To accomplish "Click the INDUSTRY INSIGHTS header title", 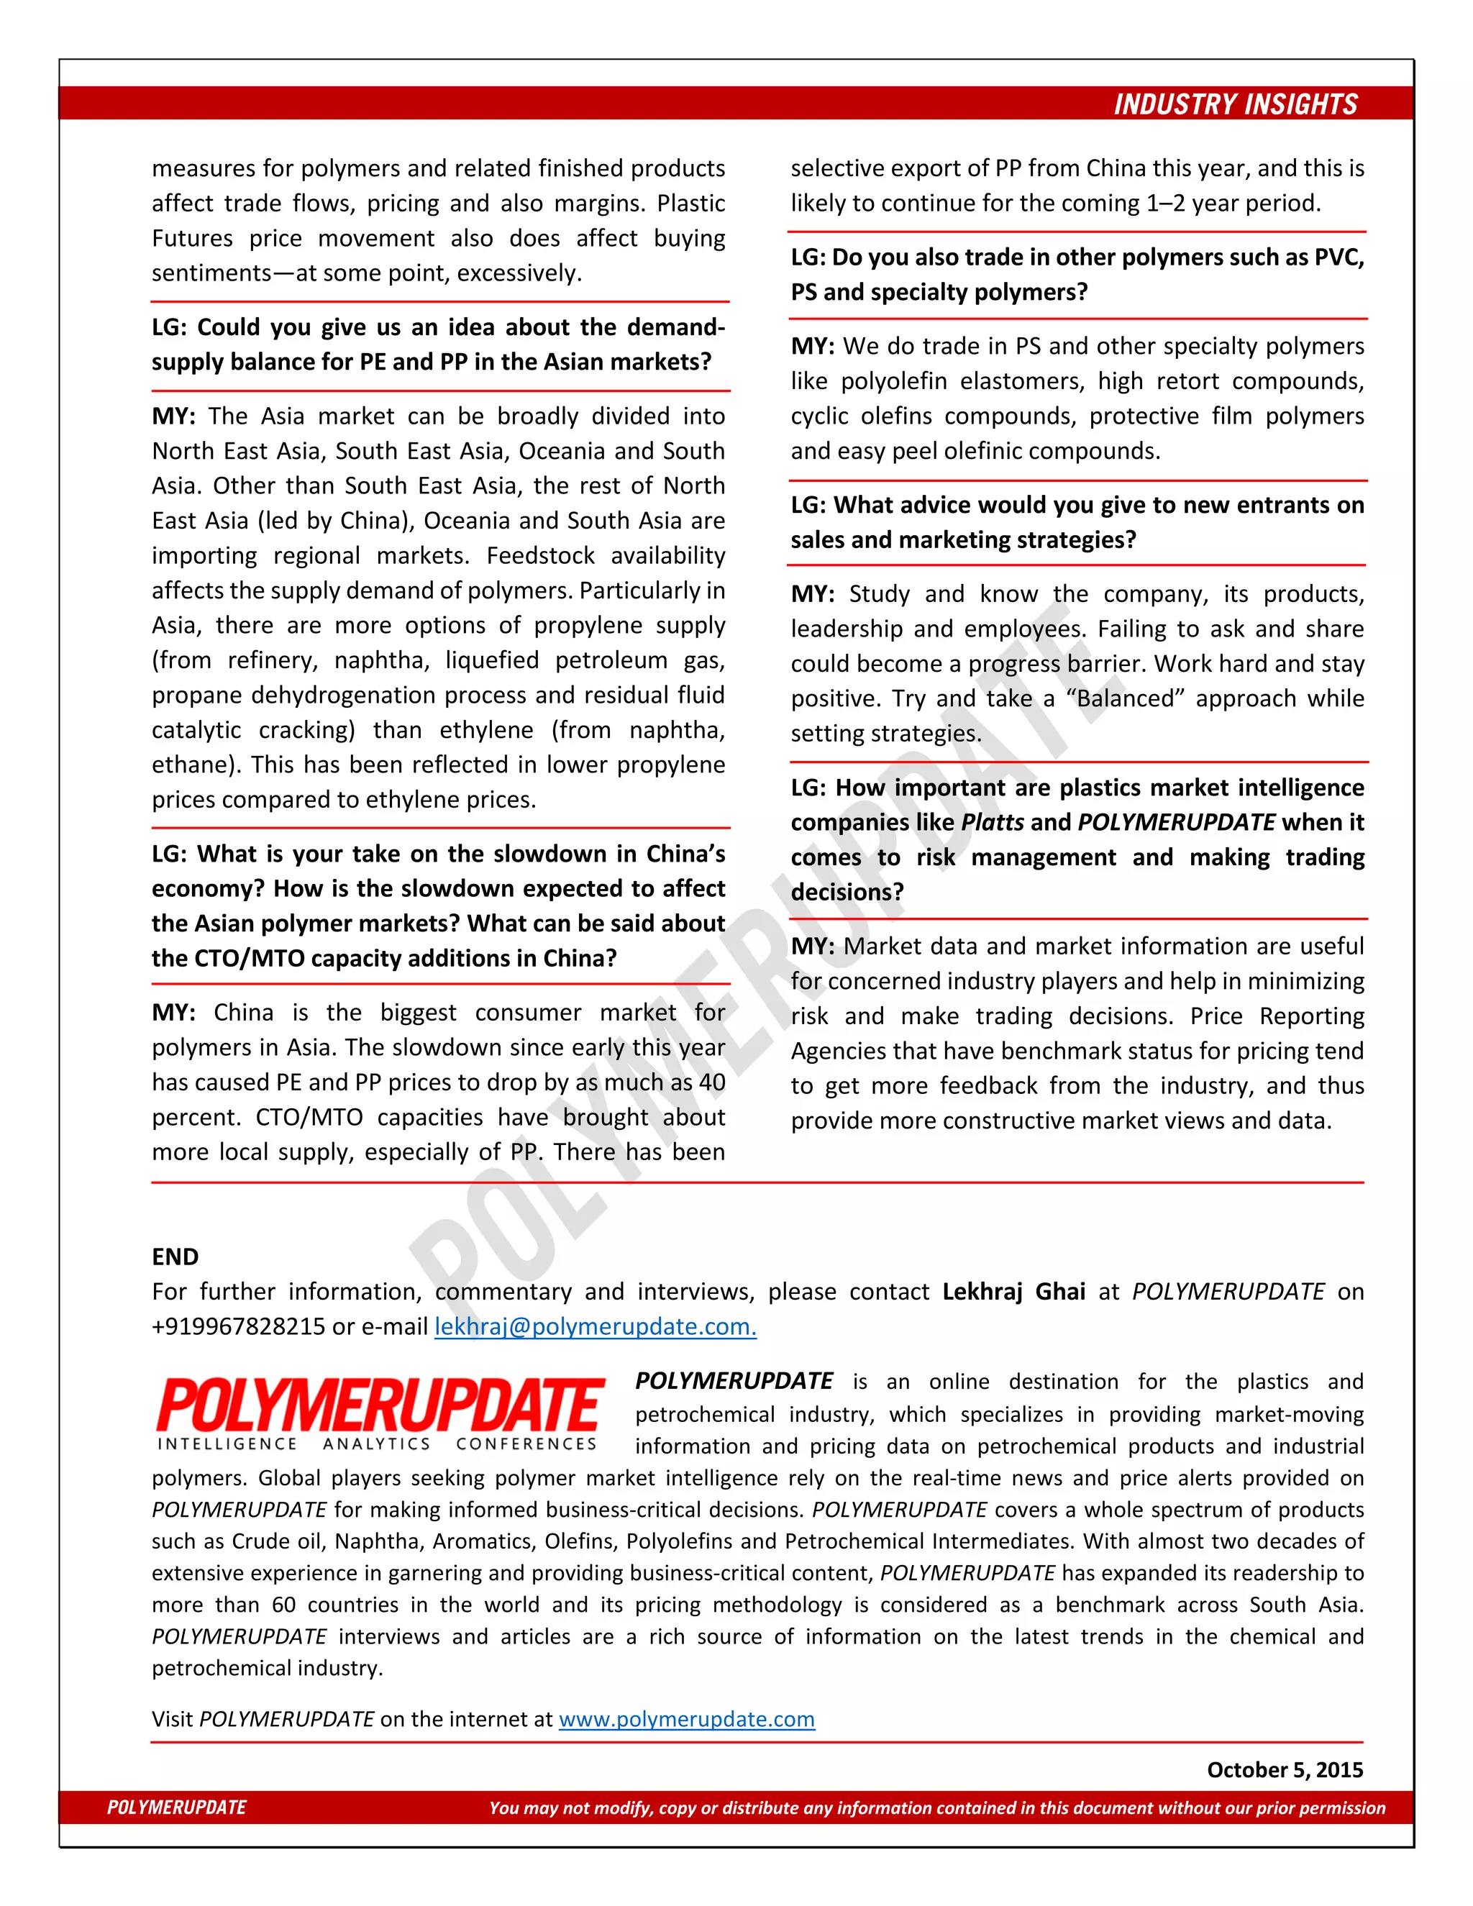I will (x=1235, y=105).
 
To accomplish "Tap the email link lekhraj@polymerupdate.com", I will (x=595, y=1326).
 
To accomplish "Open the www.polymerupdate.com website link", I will (x=687, y=1719).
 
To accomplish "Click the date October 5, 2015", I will (x=1285, y=1770).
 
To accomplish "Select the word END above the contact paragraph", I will (x=175, y=1257).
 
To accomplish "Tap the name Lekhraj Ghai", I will (x=1014, y=1292).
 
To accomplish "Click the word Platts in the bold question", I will (x=992, y=822).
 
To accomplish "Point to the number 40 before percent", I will (x=712, y=1082).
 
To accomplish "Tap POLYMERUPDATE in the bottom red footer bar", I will (x=177, y=1807).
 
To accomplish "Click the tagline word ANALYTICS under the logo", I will (x=377, y=1444).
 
